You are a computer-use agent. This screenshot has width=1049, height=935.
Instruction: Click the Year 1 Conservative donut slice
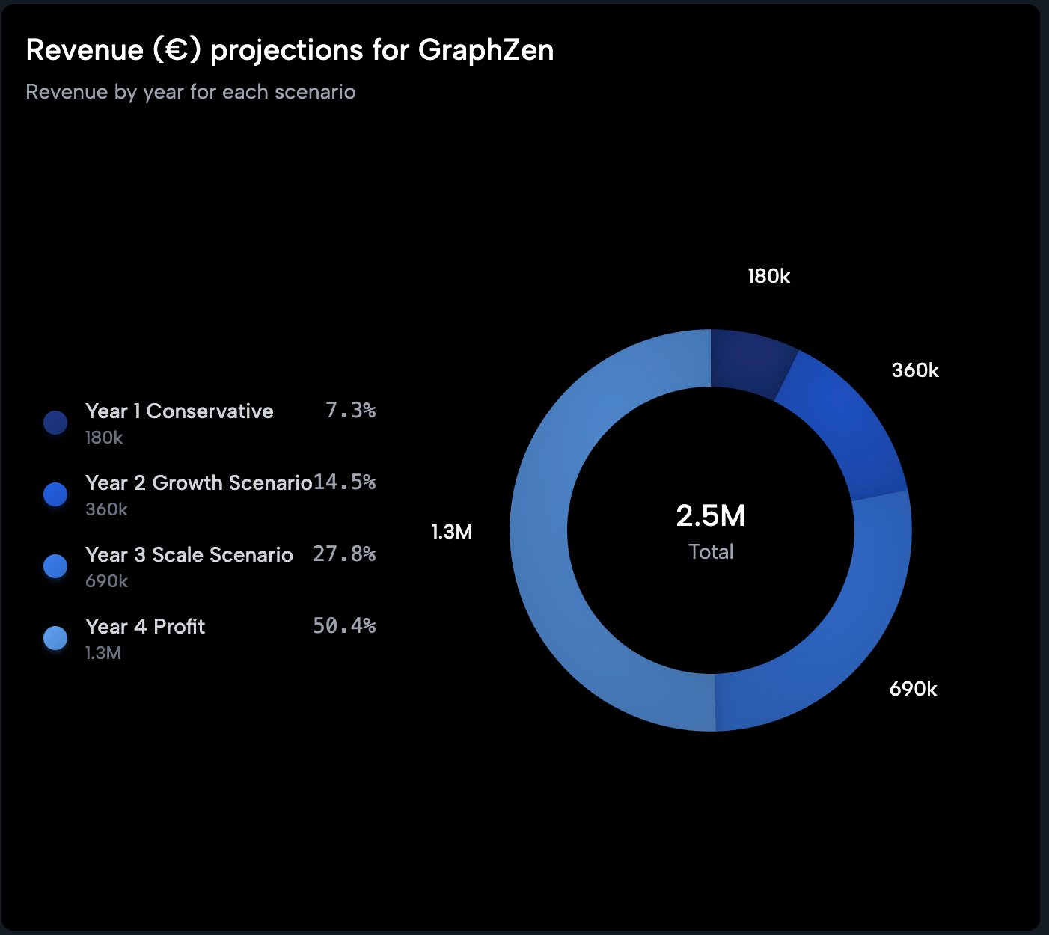tap(748, 362)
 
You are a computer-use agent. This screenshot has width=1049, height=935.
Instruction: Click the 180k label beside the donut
tap(768, 277)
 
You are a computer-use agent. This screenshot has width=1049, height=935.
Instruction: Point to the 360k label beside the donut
tap(914, 370)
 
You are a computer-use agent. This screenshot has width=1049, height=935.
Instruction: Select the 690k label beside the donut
tap(913, 689)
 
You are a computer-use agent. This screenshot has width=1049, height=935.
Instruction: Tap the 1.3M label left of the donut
tap(452, 532)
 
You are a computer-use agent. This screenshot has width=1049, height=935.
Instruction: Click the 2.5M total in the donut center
tap(710, 516)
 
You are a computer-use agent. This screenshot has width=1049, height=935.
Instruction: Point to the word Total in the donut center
tap(711, 552)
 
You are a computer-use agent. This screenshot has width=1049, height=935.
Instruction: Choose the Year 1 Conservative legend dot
tap(55, 423)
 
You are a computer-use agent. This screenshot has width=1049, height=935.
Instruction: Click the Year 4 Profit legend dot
tap(55, 638)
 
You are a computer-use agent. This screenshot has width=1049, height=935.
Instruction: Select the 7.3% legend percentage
tap(350, 410)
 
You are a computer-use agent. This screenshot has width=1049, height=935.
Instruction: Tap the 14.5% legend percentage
tap(344, 482)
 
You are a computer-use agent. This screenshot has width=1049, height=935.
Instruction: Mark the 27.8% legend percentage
tap(344, 554)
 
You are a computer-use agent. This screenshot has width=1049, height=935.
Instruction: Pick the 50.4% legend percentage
tap(344, 625)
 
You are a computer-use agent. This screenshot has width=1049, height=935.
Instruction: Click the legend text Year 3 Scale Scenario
tap(189, 555)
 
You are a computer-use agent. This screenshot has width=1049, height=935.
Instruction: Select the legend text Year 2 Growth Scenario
tap(198, 483)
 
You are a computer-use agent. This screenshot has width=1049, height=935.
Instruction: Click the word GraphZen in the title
tap(486, 50)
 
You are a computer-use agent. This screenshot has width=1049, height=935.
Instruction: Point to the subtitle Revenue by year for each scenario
tap(191, 92)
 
